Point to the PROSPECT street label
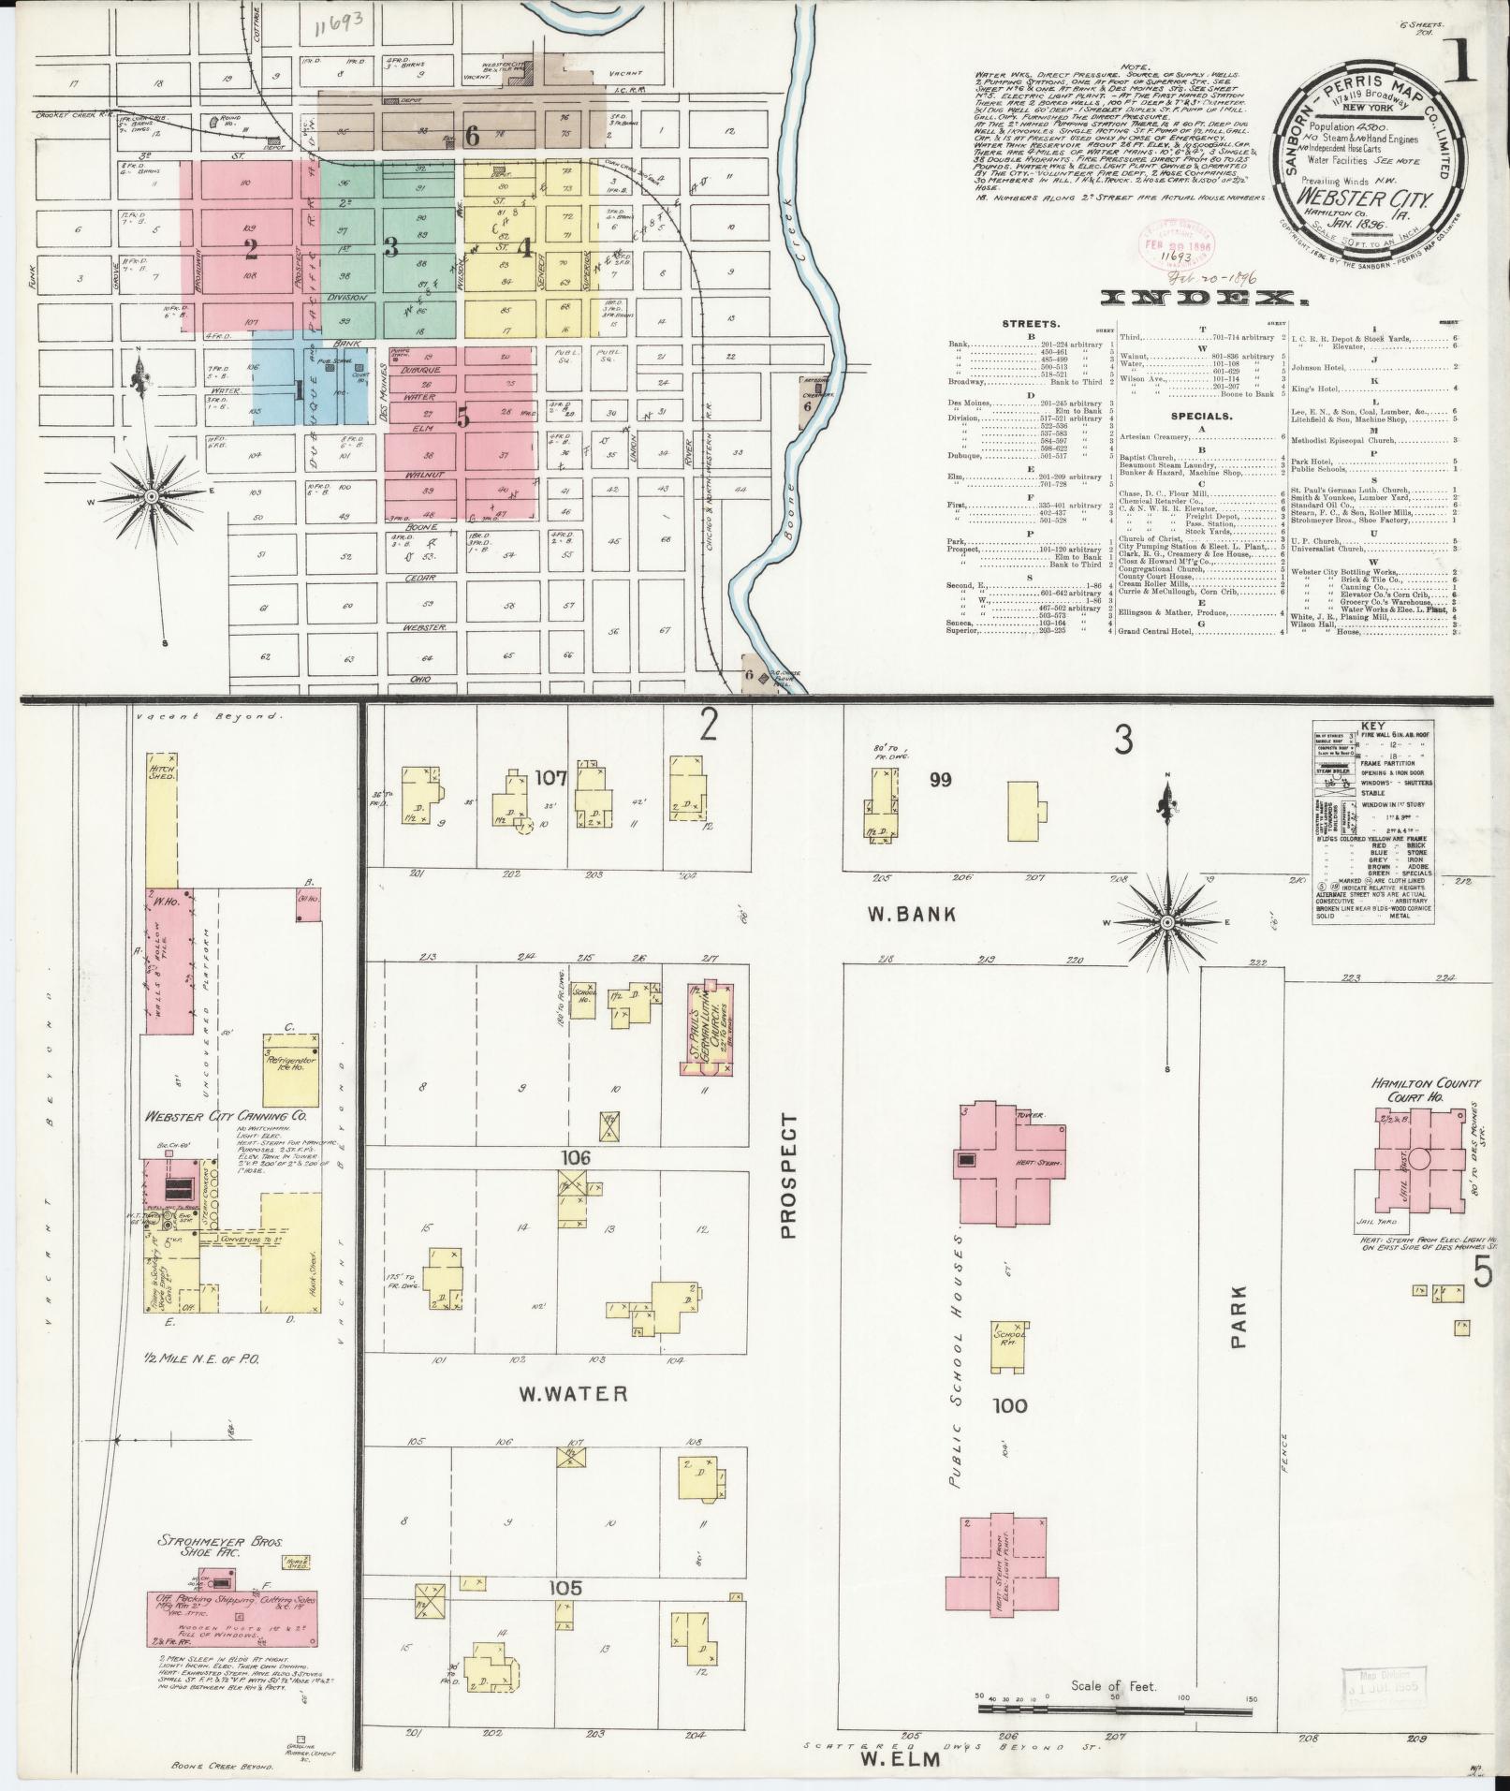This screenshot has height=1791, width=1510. click(x=787, y=1175)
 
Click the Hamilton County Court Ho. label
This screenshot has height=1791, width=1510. click(x=1426, y=1091)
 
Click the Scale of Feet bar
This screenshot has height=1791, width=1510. click(x=1114, y=1709)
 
